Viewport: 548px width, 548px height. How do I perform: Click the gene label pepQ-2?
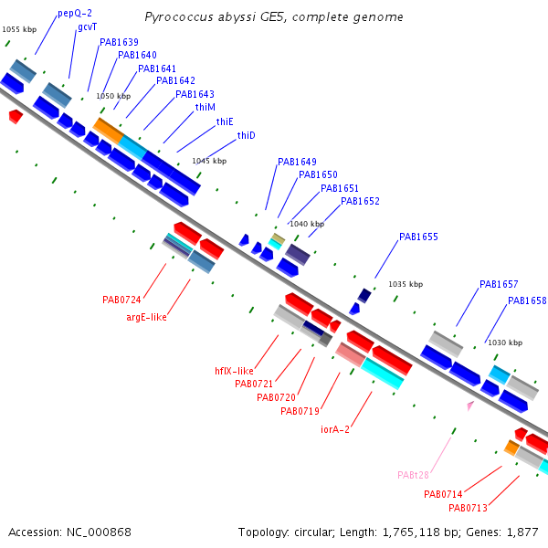(x=75, y=14)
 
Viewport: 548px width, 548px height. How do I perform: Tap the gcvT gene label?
(x=88, y=27)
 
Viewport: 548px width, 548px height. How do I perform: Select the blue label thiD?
(x=246, y=135)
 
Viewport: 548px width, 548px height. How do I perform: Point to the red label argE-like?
(x=146, y=317)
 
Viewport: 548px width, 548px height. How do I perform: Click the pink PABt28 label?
(x=413, y=475)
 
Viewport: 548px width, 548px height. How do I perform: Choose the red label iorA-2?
(x=335, y=429)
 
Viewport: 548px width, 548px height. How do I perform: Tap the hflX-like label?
(x=234, y=371)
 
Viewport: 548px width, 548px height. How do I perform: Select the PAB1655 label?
(x=418, y=237)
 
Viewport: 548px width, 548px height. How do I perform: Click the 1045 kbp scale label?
(x=209, y=161)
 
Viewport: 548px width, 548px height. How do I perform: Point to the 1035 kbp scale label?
(x=406, y=284)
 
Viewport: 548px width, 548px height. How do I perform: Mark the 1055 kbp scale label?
(x=19, y=29)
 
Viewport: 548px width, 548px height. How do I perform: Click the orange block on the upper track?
(x=109, y=131)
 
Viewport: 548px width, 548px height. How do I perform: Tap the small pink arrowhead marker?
(x=470, y=406)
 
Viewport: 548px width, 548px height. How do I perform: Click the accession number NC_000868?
(x=99, y=532)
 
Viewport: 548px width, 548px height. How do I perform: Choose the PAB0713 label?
(x=468, y=508)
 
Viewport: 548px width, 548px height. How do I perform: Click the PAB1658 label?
(x=527, y=300)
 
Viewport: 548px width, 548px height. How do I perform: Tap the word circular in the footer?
(x=314, y=532)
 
